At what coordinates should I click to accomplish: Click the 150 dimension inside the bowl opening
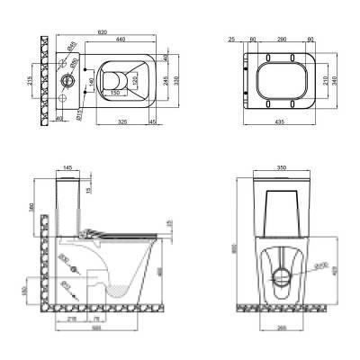coord(116,91)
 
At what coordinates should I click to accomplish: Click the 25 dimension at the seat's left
coord(231,40)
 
